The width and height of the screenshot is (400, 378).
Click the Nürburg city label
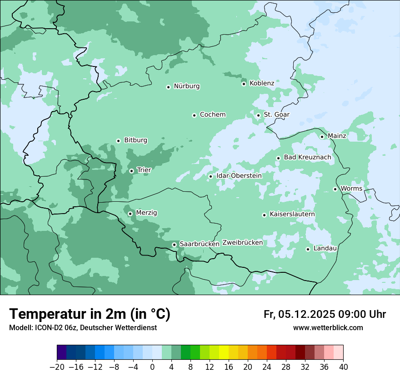[x=186, y=86]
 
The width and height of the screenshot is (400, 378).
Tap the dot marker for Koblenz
[x=244, y=84]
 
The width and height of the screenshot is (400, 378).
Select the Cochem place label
[x=212, y=115]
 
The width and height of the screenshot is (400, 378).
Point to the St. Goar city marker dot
[x=258, y=115]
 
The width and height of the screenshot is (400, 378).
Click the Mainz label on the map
[x=337, y=136]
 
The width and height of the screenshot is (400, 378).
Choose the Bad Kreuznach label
[x=307, y=158]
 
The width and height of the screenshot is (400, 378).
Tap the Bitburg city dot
[x=118, y=141]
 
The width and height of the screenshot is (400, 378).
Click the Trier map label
[x=144, y=170]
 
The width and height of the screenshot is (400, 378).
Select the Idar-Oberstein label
[x=239, y=176]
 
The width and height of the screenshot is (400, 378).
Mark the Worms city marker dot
[x=335, y=189]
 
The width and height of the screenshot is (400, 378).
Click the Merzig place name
[x=146, y=213]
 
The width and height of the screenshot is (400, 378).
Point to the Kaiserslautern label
[x=292, y=214]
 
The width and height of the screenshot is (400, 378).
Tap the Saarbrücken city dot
[x=174, y=245]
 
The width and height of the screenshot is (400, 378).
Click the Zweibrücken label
[x=242, y=243]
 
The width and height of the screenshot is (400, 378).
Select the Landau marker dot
[x=308, y=249]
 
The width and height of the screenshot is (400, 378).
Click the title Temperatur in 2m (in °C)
[x=90, y=314]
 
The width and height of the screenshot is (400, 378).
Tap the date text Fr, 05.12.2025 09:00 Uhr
[x=325, y=315]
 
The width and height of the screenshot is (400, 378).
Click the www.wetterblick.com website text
[x=328, y=328]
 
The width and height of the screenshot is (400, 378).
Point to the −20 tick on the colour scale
[x=57, y=367]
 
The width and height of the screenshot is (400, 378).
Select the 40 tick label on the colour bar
[x=343, y=367]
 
